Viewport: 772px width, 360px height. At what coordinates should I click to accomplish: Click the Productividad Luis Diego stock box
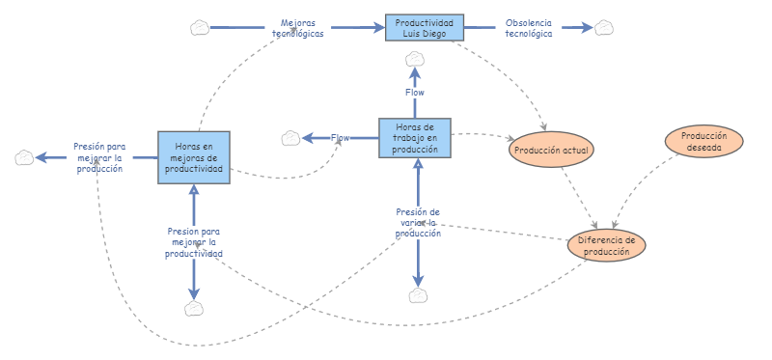click(425, 28)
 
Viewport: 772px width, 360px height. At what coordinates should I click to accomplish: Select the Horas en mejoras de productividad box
click(194, 157)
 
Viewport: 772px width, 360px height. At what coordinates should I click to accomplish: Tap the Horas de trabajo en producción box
click(416, 137)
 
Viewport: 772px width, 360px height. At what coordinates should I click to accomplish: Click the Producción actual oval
click(552, 150)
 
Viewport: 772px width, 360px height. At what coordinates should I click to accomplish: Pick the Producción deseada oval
click(703, 142)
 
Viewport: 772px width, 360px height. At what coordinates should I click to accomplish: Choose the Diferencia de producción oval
click(605, 245)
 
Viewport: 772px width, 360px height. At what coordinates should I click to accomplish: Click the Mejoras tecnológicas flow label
click(297, 28)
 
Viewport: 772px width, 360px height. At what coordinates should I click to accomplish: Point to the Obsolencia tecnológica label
click(529, 28)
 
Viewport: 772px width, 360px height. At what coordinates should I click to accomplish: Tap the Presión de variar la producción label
click(418, 222)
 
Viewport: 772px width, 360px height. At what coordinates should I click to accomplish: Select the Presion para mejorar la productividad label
click(194, 242)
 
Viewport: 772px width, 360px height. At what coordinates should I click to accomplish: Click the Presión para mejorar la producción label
click(99, 156)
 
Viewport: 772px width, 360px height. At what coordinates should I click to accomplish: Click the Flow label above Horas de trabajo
click(415, 93)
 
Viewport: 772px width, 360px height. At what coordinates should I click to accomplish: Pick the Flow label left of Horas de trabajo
click(341, 138)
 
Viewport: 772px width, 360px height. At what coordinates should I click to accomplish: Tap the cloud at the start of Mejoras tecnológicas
click(200, 28)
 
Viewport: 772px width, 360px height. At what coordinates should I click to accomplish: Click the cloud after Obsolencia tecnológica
click(604, 28)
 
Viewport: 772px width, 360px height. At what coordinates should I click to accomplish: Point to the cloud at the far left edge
click(26, 157)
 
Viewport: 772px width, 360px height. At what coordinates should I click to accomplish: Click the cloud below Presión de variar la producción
click(418, 295)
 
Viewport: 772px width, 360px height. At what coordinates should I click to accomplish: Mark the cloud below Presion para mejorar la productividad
click(194, 308)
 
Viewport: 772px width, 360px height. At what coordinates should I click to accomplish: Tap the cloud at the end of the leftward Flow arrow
click(290, 138)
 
